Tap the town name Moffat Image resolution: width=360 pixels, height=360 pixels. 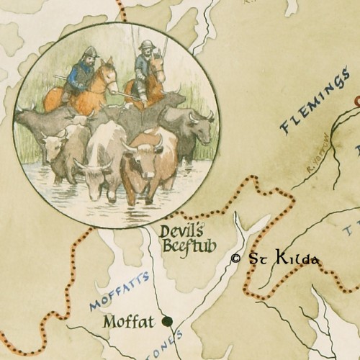(x=130, y=321)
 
